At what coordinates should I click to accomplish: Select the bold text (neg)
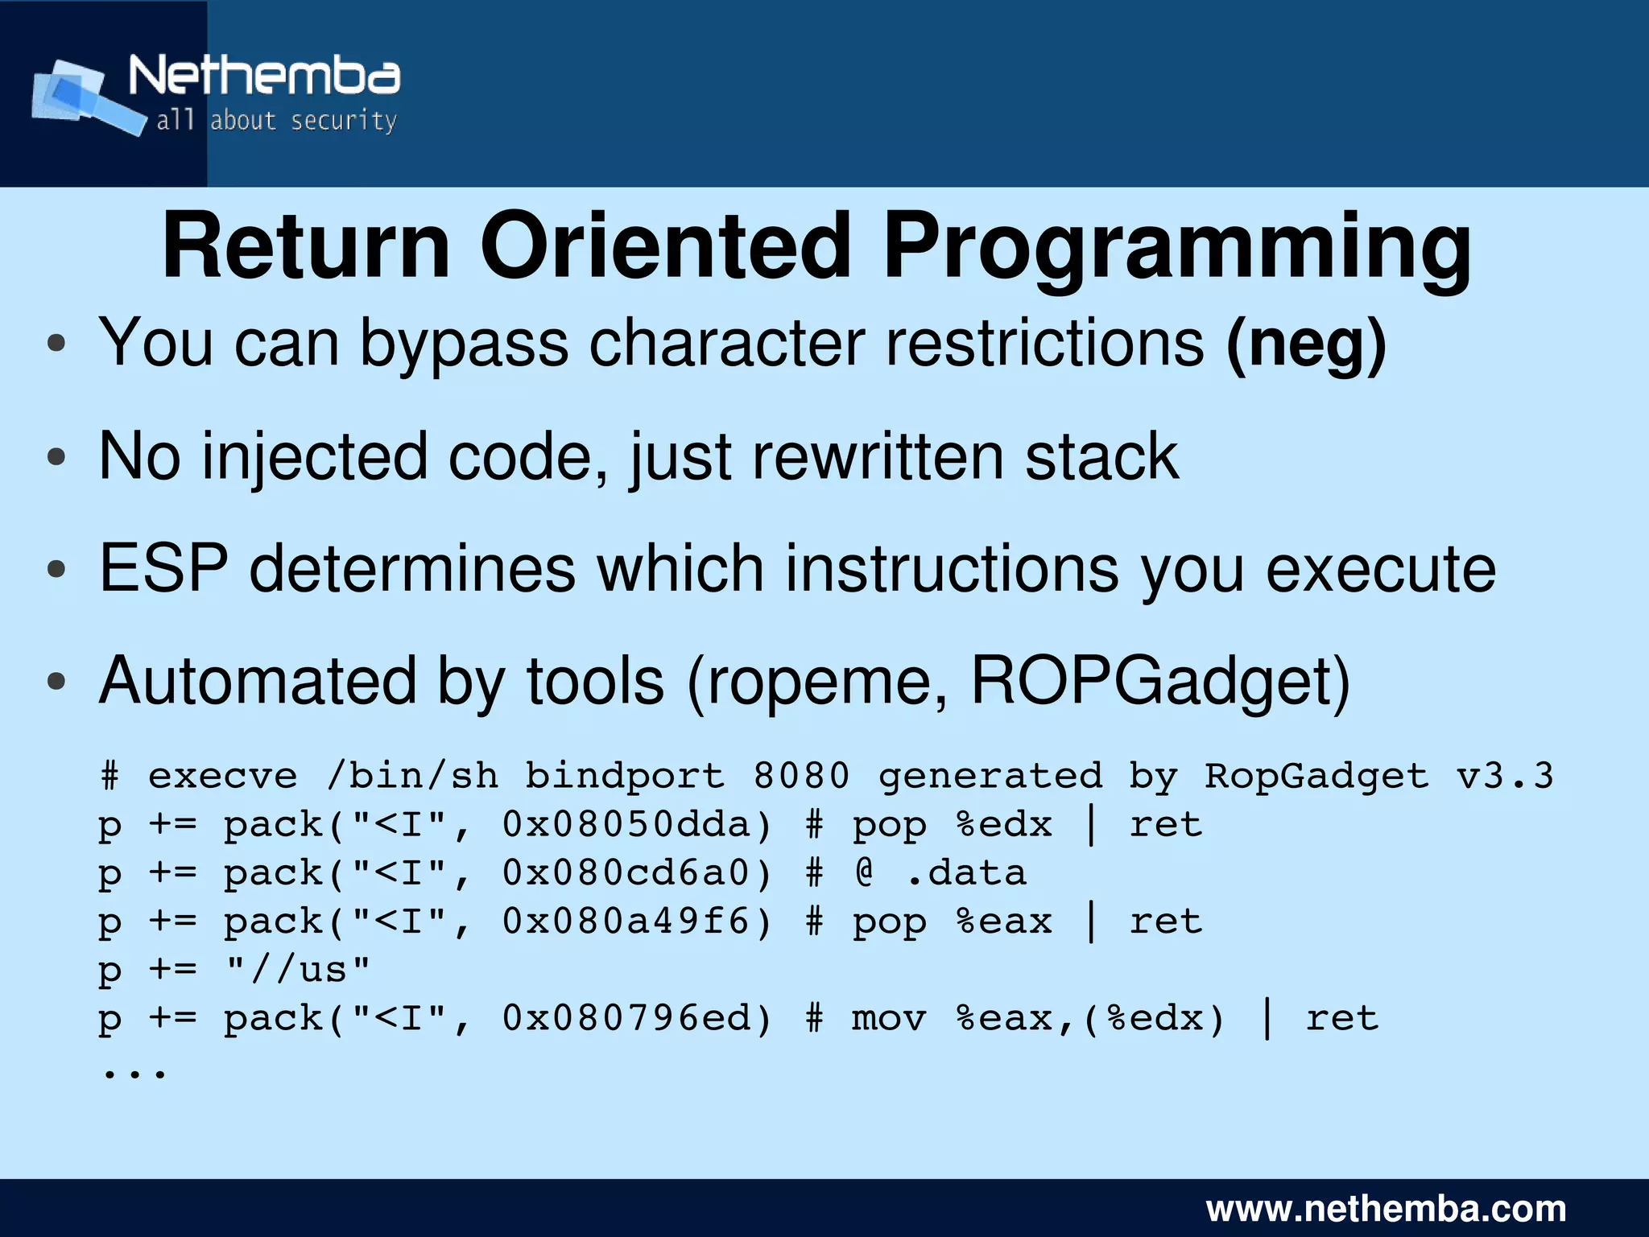[1305, 344]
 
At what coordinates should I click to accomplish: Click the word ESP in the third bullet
[163, 569]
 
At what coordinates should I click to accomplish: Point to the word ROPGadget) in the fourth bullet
[1160, 682]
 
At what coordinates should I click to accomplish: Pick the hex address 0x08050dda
[626, 825]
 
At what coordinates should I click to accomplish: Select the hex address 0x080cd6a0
[626, 873]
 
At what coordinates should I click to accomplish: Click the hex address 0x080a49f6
[626, 922]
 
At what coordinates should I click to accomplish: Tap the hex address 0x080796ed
[626, 1019]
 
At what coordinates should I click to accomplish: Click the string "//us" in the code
[298, 969]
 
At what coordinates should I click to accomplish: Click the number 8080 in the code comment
[801, 776]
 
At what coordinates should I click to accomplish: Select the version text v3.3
[1504, 776]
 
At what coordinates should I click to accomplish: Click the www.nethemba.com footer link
[1386, 1209]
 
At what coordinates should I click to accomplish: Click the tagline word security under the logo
[343, 121]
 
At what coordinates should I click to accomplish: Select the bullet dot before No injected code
[56, 457]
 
